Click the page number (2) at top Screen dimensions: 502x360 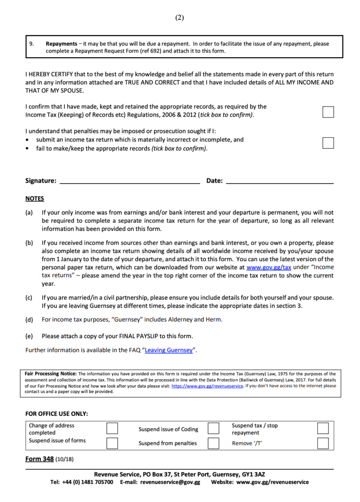point(180,18)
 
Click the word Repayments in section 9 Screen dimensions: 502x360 point(61,44)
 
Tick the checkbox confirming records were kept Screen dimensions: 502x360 point(328,112)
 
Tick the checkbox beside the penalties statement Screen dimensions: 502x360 point(328,143)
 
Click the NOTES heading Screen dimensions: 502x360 point(35,199)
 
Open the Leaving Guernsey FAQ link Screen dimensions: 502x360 point(169,350)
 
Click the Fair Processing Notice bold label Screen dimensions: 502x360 point(51,374)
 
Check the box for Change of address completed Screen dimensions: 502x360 point(112,428)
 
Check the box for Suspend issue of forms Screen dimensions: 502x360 point(112,443)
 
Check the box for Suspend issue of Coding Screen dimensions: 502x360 point(213,428)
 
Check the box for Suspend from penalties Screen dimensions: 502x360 point(213,443)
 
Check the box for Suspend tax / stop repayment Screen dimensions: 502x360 point(322,428)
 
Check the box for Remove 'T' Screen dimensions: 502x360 point(322,443)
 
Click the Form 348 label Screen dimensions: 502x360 point(39,459)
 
